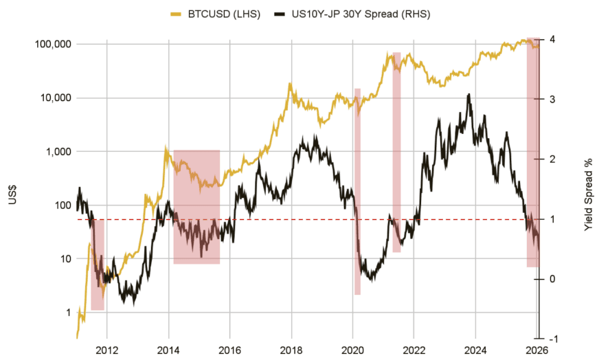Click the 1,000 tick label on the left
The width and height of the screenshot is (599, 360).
tap(58, 151)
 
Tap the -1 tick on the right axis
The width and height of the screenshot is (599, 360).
tap(552, 339)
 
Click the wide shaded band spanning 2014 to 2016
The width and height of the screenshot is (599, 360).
tap(196, 206)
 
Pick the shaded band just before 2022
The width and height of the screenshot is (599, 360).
tap(396, 151)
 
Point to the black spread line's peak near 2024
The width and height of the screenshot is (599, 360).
tap(468, 95)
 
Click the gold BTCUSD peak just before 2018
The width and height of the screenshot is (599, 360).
tap(290, 83)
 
